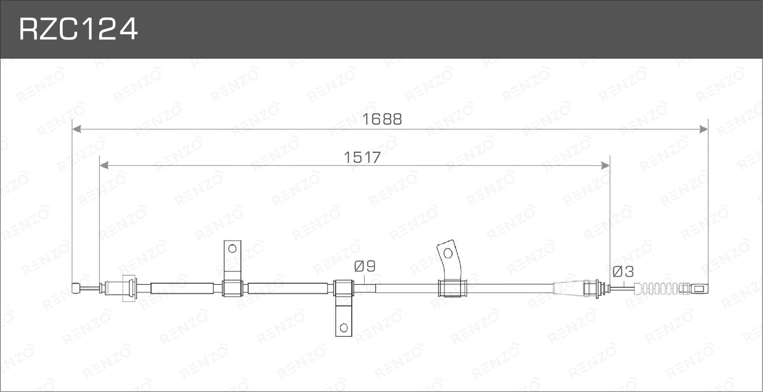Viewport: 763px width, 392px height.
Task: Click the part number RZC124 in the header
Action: (x=78, y=30)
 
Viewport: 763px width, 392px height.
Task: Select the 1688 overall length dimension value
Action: (x=382, y=119)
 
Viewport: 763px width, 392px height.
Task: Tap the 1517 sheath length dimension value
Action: (x=362, y=157)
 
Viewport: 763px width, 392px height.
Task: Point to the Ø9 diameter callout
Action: (x=365, y=266)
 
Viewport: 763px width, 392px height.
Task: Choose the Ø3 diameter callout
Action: (x=623, y=272)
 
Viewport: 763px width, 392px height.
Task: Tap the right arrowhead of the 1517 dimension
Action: (x=605, y=165)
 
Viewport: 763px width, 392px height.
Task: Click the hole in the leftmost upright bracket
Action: (x=232, y=249)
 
